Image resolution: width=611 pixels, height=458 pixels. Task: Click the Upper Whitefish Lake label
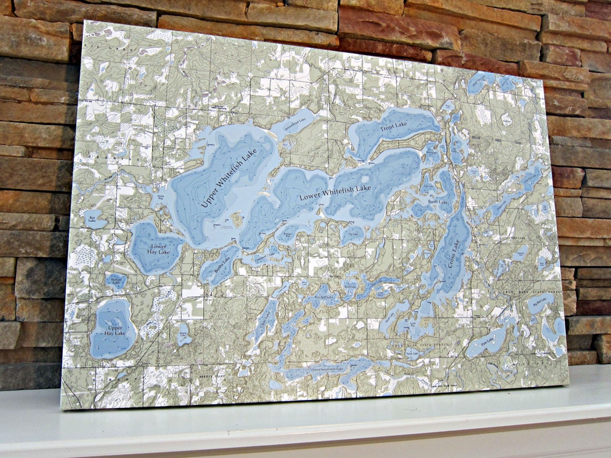coord(229,178)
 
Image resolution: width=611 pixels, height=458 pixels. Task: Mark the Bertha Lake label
coord(222,264)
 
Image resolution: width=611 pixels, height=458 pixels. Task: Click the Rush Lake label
coord(438,202)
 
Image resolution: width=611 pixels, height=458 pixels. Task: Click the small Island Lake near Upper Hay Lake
coord(184,333)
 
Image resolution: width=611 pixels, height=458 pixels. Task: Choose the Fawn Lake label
coord(412,353)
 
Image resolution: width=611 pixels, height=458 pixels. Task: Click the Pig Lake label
coord(353,234)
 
